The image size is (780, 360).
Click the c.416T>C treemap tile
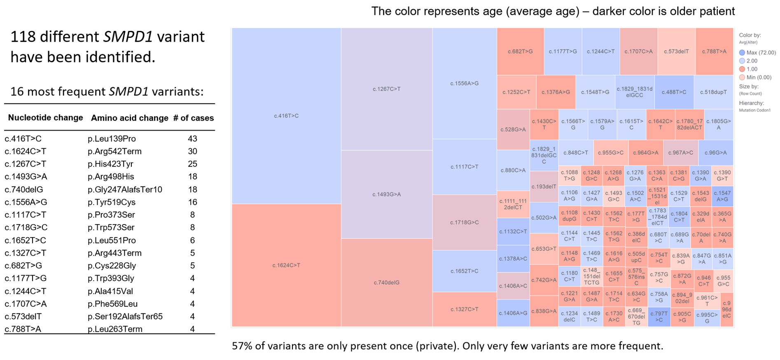(286, 116)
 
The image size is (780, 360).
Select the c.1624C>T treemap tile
(286, 265)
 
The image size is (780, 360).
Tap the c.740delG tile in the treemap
(386, 283)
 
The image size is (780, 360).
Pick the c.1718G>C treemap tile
(464, 222)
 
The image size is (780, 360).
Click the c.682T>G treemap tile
(520, 51)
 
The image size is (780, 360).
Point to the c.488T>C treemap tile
(674, 92)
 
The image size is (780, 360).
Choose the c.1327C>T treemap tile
(464, 309)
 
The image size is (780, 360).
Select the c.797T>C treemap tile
(659, 317)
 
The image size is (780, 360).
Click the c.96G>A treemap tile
(715, 152)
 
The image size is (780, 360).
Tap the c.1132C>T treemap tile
(513, 231)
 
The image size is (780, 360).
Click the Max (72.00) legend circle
(742, 53)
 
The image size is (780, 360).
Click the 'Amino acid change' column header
(129, 118)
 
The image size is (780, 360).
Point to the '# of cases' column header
(193, 118)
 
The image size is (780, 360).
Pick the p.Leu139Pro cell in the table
(112, 139)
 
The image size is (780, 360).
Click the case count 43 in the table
(192, 139)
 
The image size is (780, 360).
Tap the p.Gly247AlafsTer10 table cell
(125, 189)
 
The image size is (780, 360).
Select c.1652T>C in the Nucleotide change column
(25, 240)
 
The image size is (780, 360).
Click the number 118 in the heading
(23, 37)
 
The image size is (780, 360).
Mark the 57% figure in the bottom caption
(242, 346)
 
